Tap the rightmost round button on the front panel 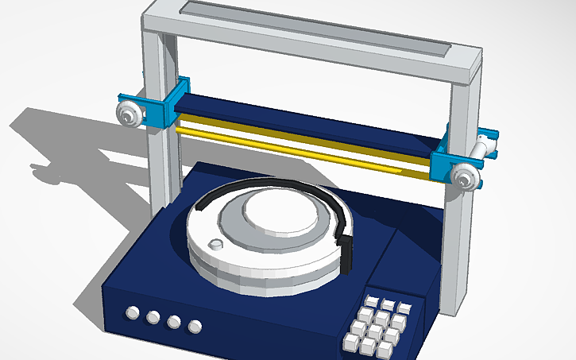195,326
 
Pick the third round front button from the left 174,322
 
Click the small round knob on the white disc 214,243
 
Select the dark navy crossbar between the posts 302,120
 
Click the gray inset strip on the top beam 318,28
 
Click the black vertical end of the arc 347,251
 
